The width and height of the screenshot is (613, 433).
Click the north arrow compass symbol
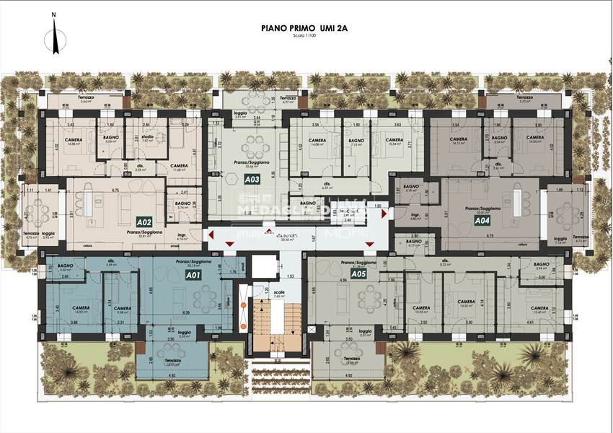[x=53, y=36]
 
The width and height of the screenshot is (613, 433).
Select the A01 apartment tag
[x=193, y=275]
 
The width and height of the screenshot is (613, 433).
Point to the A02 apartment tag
[x=144, y=222]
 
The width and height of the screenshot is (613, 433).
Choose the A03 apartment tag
[x=252, y=178]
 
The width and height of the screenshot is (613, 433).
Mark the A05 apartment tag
[x=358, y=274]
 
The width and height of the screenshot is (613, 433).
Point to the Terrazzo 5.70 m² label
[x=524, y=99]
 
